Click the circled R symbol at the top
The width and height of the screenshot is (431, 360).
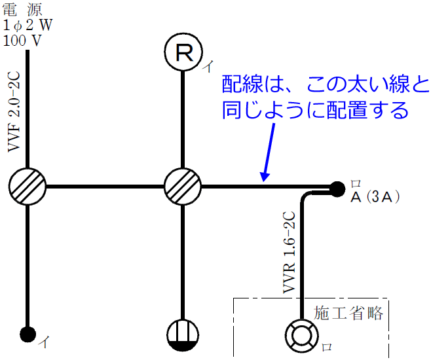tap(185, 53)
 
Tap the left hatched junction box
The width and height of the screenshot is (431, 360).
tap(28, 187)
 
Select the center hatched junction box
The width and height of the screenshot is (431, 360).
tap(183, 187)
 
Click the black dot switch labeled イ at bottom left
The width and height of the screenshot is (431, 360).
tap(28, 334)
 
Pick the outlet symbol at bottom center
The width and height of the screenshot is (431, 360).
tap(183, 334)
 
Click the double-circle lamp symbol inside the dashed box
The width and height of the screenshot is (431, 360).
tap(301, 334)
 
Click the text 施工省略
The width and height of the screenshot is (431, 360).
tap(348, 312)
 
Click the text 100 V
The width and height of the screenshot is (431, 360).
tap(22, 40)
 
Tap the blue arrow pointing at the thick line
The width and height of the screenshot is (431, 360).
tap(269, 151)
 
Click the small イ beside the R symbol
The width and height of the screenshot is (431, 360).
tap(208, 66)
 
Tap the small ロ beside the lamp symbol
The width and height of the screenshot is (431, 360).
tap(328, 348)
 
